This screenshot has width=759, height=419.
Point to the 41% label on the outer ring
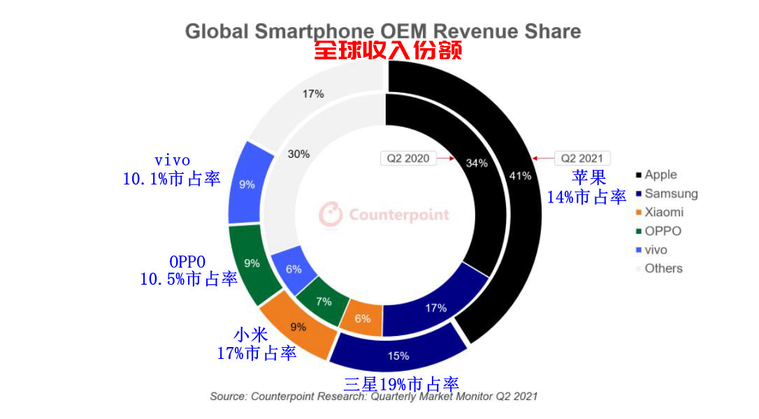click(520, 175)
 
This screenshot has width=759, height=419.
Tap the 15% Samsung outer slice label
click(398, 355)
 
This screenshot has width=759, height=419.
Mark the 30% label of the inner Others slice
click(298, 154)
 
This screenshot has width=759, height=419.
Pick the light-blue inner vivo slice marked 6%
click(294, 270)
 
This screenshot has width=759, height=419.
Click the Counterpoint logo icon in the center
click(331, 214)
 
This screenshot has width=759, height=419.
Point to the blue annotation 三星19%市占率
click(401, 383)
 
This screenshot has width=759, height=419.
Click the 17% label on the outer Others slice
click(314, 94)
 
